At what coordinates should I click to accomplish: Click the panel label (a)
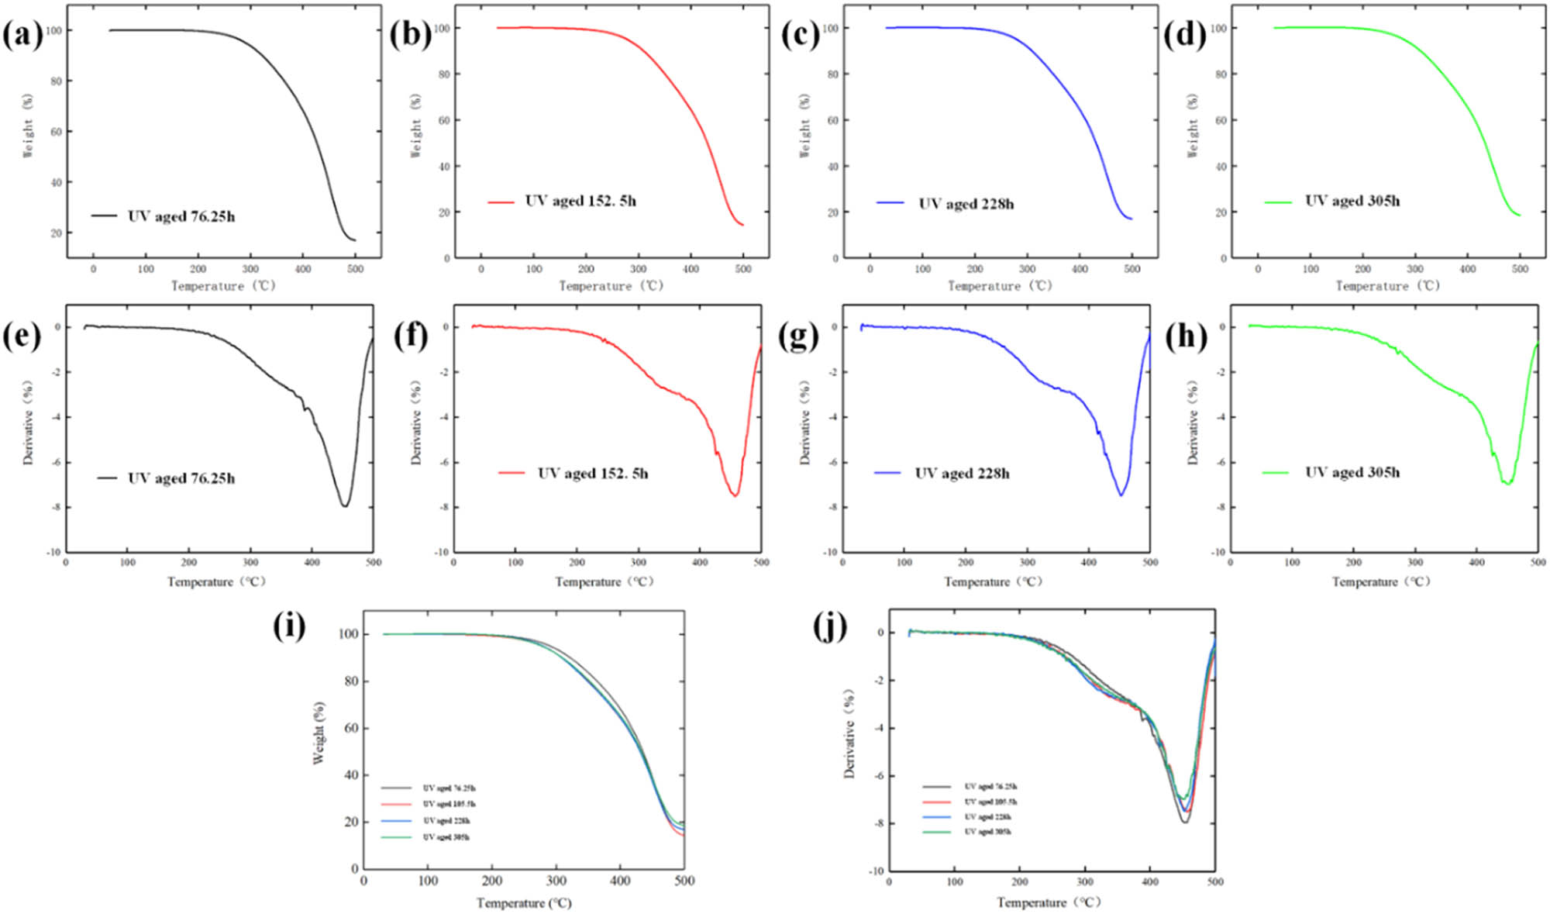tap(22, 36)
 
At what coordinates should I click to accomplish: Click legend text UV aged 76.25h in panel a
tap(181, 216)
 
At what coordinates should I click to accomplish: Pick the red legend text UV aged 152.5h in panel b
tap(580, 201)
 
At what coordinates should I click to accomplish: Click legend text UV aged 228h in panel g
tap(962, 473)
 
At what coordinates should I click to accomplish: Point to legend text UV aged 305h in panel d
tap(1352, 201)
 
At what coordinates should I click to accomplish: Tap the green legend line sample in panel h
tap(1275, 472)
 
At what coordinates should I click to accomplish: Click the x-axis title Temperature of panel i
tap(524, 903)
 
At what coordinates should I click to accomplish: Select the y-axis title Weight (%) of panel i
tap(319, 733)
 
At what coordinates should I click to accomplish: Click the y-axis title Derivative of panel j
tap(850, 733)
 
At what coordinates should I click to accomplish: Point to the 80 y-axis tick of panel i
tap(350, 681)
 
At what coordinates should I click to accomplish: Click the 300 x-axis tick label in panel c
tap(1027, 269)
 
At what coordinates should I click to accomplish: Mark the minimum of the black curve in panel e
tap(345, 506)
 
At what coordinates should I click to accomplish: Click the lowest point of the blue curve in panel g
tap(1121, 495)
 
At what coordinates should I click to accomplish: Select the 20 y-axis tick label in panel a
tap(56, 233)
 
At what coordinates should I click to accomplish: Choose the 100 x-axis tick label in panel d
tap(1310, 269)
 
